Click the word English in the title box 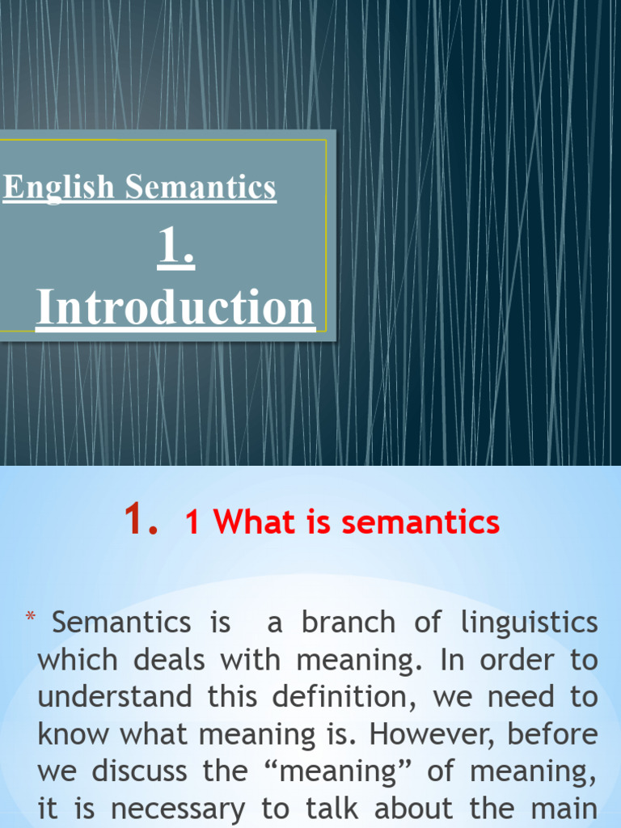click(x=59, y=188)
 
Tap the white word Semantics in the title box click(x=201, y=188)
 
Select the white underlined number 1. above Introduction click(x=175, y=247)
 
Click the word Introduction click(x=175, y=308)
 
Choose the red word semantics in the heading click(x=420, y=522)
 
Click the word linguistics click(x=530, y=622)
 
